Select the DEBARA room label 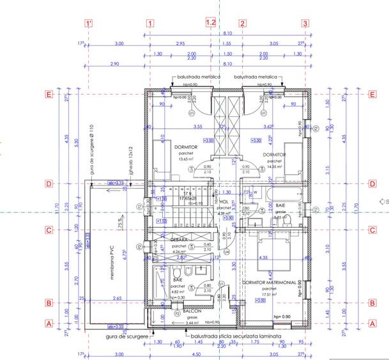[x=178, y=239]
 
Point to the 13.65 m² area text [x=185, y=159]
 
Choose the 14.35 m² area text [x=273, y=166]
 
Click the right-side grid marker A [x=372, y=324]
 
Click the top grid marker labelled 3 [x=305, y=23]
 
